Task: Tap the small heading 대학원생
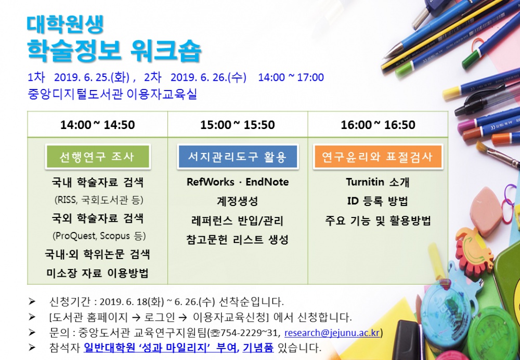65,23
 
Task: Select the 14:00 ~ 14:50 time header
97,125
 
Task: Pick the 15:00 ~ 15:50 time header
238,125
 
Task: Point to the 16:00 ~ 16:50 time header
378,125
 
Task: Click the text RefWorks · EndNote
238,182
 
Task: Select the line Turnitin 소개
378,182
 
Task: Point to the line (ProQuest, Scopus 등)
98,236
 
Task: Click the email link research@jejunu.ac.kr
332,332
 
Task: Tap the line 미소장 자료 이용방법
97,273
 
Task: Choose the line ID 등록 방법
378,201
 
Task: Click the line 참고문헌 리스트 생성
237,240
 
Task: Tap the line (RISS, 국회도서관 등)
98,200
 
